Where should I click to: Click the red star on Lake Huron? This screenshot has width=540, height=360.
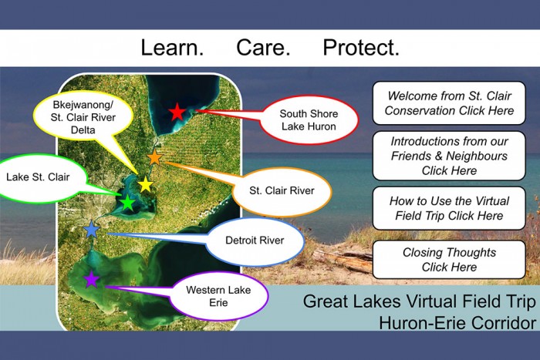177,112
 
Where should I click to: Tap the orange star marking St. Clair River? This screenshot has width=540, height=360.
154,158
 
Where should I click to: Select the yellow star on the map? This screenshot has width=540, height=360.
146,184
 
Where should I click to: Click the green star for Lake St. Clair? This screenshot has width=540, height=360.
128,203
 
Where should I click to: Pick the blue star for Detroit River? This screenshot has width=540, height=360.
92,230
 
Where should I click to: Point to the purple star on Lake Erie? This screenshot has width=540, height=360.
91,279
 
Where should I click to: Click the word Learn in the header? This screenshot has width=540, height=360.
172,48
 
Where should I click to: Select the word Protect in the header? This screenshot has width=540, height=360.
361,48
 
